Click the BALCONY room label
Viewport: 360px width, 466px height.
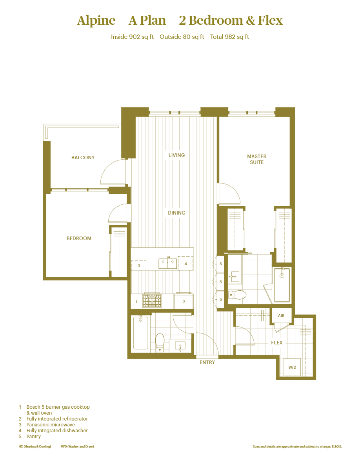pos(83,158)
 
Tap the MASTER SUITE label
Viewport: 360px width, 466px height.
pos(257,159)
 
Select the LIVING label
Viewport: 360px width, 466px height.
pos(176,155)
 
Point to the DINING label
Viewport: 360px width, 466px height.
pos(176,213)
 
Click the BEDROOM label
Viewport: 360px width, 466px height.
pos(79,238)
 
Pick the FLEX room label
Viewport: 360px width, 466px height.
pos(277,343)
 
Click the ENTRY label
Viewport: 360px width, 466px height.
pos(207,362)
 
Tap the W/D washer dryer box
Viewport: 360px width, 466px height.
pos(292,368)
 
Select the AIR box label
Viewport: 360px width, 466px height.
pos(281,316)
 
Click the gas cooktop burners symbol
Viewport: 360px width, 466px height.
pos(152,301)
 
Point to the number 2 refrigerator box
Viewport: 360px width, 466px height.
pos(184,302)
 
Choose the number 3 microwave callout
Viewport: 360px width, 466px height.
pos(139,266)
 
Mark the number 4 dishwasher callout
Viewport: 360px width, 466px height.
pos(185,264)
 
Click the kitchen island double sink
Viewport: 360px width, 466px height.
pos(168,264)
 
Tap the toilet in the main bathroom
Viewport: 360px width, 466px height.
pos(160,341)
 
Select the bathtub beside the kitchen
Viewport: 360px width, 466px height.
pos(141,333)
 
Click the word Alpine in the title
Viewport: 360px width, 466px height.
pos(96,20)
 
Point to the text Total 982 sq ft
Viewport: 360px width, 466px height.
pos(229,37)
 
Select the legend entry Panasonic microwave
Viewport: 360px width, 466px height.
pos(51,425)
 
